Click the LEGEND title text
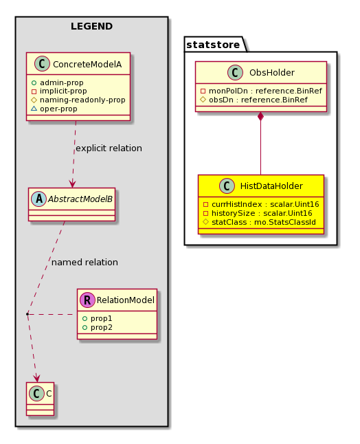pyautogui.click(x=91, y=26)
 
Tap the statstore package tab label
pyautogui.click(x=213, y=45)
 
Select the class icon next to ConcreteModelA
pyautogui.click(x=42, y=64)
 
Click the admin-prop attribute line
pyautogui.click(x=58, y=82)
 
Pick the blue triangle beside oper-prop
pyautogui.click(x=34, y=109)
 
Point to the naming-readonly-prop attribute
pyautogui.click(x=78, y=100)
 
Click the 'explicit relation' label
pyautogui.click(x=109, y=148)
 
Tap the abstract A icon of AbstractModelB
pyautogui.click(x=38, y=199)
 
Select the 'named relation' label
pyautogui.click(x=85, y=263)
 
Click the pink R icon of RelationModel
pyautogui.click(x=87, y=300)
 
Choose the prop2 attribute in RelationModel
pyautogui.click(x=98, y=327)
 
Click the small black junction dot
pyautogui.click(x=27, y=314)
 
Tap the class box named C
pyautogui.click(x=40, y=399)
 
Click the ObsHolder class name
pyautogui.click(x=271, y=73)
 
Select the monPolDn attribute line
pyautogui.click(x=261, y=91)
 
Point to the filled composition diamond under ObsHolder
pyautogui.click(x=260, y=116)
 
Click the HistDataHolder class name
pyautogui.click(x=271, y=186)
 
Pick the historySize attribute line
pyautogui.click(x=258, y=213)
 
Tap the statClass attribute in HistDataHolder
pyautogui.click(x=259, y=222)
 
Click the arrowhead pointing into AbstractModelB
pyautogui.click(x=72, y=184)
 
